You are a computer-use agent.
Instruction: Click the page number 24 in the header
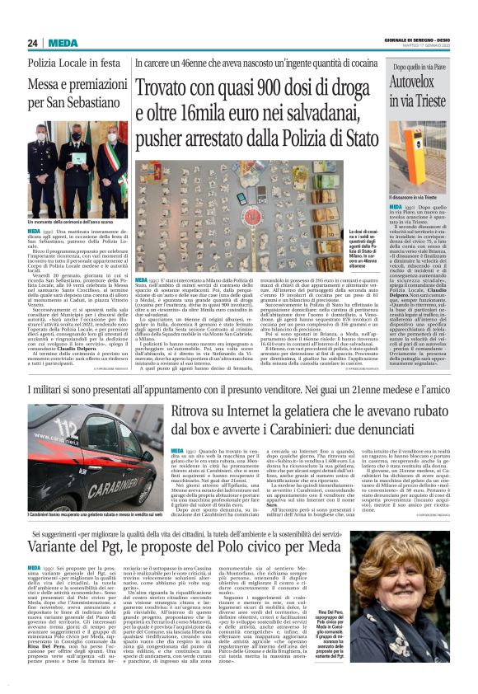pos(32,43)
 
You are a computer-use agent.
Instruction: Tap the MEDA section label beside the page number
pos(63,43)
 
